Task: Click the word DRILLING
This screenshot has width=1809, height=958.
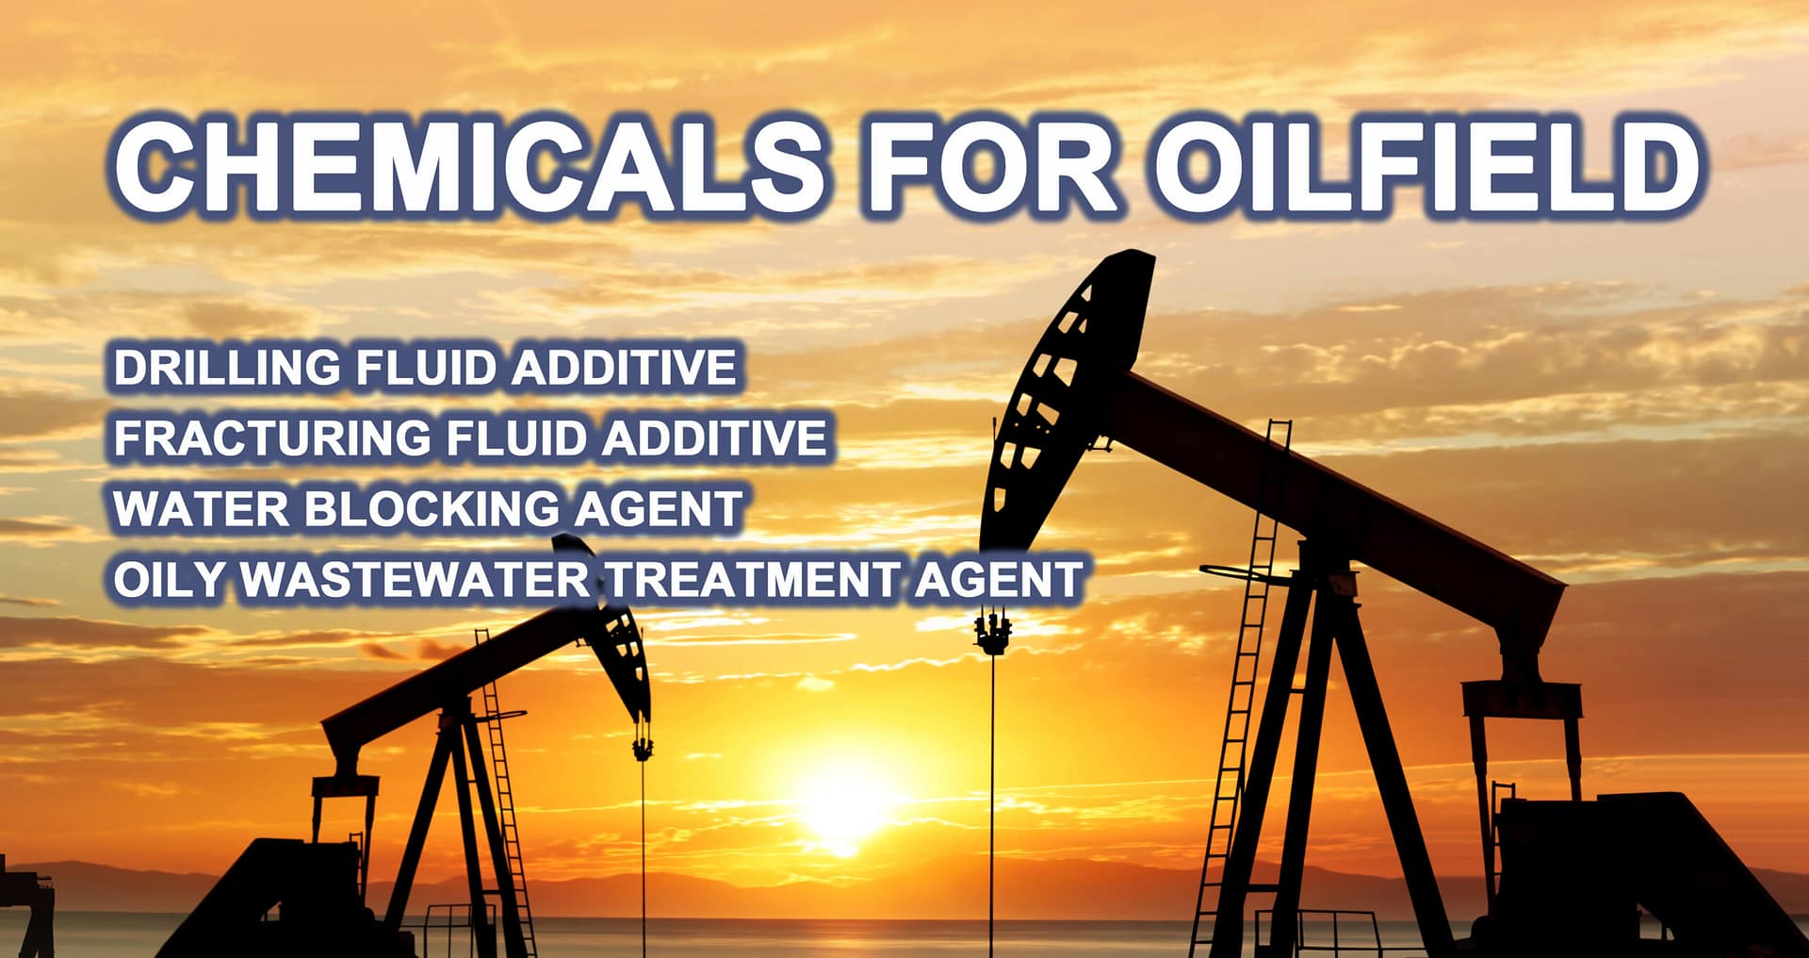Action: [x=227, y=367]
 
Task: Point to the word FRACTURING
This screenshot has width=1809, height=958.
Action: [x=272, y=438]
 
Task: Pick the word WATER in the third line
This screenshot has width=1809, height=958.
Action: [x=200, y=508]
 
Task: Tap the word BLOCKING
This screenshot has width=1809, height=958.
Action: [x=432, y=508]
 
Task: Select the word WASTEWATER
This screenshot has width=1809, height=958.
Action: [x=415, y=579]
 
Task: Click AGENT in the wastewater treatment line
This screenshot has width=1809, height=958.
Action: [x=998, y=579]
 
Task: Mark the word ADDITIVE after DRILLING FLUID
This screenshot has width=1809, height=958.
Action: [x=623, y=367]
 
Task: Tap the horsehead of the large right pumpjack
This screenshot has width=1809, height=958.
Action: [x=1065, y=396]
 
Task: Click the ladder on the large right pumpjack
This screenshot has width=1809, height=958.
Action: [x=1248, y=660]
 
